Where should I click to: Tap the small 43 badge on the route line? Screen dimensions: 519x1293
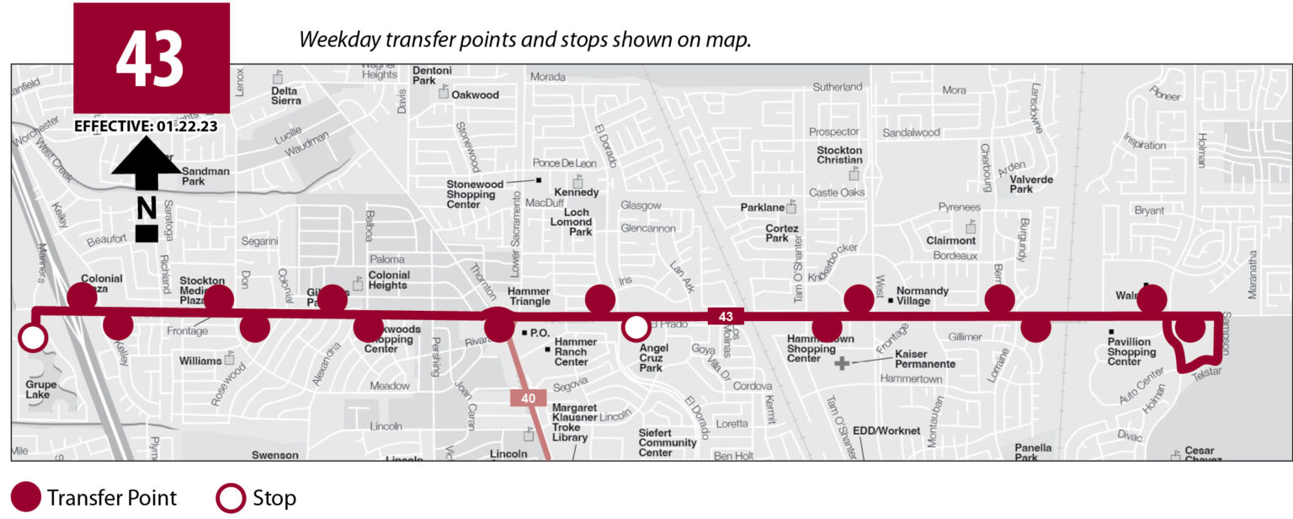[x=726, y=317]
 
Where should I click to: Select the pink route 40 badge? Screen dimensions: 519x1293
[x=528, y=398]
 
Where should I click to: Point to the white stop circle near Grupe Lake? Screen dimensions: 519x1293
[x=33, y=338]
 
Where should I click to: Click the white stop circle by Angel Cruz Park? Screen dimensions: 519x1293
[x=636, y=326]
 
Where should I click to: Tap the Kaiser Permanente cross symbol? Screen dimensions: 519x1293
[x=842, y=363]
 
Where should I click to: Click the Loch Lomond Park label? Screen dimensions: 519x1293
[x=577, y=222]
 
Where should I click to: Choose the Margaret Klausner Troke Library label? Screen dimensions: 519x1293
[x=575, y=422]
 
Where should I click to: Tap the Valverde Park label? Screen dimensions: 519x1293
[x=1033, y=184]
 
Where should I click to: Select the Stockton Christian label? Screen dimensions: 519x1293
[x=839, y=155]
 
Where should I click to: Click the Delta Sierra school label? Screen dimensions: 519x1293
[x=285, y=95]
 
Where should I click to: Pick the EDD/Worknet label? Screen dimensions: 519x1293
[x=886, y=431]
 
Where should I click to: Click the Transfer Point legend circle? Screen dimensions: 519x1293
[x=26, y=498]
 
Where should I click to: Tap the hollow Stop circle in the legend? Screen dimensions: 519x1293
[x=231, y=498]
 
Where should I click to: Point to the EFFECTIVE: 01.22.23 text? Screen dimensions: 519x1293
[x=146, y=126]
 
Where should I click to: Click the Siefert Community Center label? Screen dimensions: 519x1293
[x=667, y=442]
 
